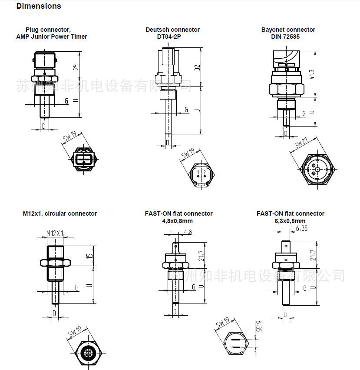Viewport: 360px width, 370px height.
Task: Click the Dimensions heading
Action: click(x=39, y=6)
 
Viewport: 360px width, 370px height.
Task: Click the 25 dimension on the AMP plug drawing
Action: click(x=76, y=67)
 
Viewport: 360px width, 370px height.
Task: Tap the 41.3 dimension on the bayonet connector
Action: click(x=311, y=74)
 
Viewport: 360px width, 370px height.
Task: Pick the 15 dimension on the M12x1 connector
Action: click(x=89, y=257)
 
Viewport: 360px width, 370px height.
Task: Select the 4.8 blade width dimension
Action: click(x=188, y=232)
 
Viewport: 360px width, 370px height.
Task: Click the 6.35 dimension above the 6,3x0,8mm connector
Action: click(x=302, y=227)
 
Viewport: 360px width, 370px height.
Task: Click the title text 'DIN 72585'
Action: click(x=288, y=37)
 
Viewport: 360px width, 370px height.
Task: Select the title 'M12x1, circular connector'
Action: click(x=60, y=213)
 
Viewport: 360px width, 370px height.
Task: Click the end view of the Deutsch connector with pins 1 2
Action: click(x=201, y=174)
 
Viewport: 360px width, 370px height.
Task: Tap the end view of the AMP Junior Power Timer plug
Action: click(x=83, y=159)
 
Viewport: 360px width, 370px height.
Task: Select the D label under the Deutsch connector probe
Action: click(x=168, y=143)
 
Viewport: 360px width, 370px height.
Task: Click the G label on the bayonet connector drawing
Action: click(x=304, y=113)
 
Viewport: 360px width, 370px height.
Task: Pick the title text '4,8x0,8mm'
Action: click(x=178, y=221)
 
